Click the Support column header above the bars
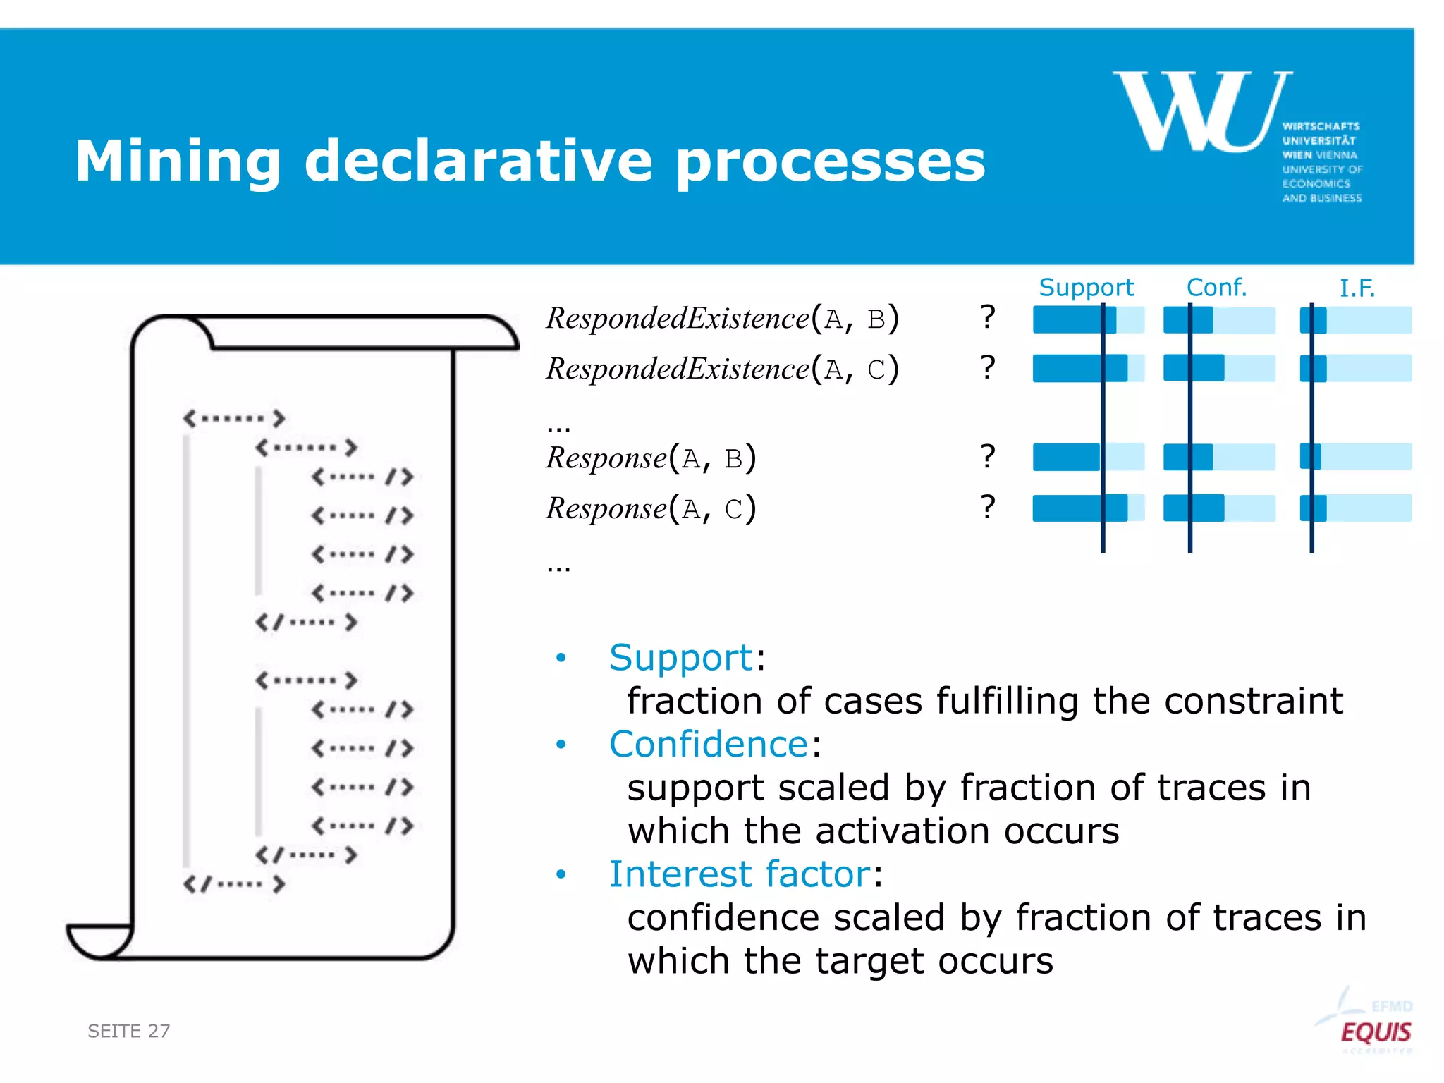tap(1086, 288)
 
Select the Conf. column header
tap(1216, 288)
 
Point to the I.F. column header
tap(1357, 288)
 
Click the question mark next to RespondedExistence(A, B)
tap(988, 318)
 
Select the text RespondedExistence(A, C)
tap(722, 369)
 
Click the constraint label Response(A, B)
tap(651, 458)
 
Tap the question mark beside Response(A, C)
tap(988, 507)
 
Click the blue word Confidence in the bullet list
tap(708, 745)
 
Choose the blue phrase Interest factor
tap(740, 874)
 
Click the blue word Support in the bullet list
tap(681, 658)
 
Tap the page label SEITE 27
tap(129, 1031)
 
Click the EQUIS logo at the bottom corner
tap(1374, 1032)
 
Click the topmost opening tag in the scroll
tap(234, 418)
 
